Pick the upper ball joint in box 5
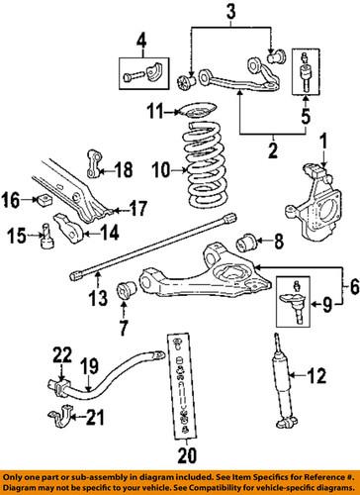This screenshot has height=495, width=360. pos(303,73)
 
